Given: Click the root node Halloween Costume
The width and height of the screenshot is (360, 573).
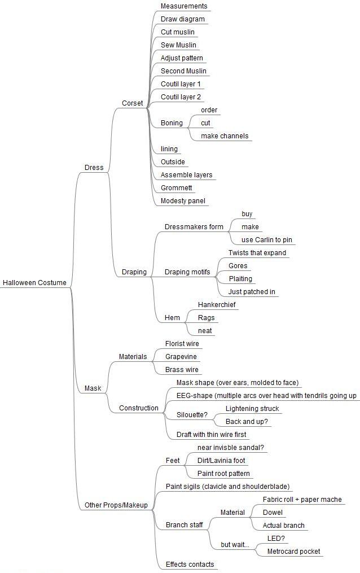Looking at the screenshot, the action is click(34, 282).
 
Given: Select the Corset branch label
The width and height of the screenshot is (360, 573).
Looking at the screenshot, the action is click(132, 103).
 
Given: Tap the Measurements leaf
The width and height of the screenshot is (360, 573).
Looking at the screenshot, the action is click(183, 6).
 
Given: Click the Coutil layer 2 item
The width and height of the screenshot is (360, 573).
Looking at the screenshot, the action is click(181, 97).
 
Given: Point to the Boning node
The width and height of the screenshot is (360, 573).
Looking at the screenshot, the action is click(172, 123).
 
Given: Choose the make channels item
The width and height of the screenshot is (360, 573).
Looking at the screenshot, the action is click(225, 136).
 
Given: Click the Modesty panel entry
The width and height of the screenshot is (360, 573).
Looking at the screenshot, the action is click(183, 200).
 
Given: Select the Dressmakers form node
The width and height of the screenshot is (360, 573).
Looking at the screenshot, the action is click(194, 226).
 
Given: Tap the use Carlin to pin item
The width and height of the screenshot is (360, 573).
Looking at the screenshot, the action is click(266, 240).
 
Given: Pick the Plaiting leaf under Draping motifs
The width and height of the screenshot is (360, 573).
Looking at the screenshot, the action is click(240, 279).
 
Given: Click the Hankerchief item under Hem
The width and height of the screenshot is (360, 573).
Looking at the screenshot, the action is click(217, 305).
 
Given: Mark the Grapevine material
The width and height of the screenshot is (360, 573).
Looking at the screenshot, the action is click(181, 357).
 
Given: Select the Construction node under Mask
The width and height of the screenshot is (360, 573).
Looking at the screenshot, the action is click(139, 408).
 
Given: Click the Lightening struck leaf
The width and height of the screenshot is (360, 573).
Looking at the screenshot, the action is click(252, 409).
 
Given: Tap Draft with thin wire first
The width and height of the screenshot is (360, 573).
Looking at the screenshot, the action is click(212, 435).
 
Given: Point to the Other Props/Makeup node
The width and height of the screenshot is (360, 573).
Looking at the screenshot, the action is click(116, 505).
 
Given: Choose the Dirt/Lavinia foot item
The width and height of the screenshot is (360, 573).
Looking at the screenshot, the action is click(221, 461).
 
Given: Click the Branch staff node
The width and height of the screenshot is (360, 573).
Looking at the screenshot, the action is click(184, 525).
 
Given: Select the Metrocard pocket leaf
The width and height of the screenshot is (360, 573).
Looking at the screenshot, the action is click(293, 552).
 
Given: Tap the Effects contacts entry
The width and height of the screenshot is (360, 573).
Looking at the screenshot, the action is click(190, 564).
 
